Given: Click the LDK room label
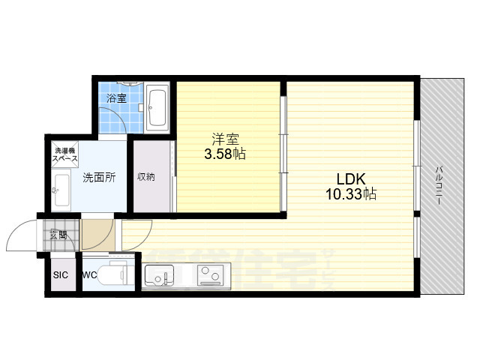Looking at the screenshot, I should click(x=349, y=179).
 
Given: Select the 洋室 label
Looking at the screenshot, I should click(x=224, y=139).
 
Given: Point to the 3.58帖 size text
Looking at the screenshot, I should click(x=225, y=154).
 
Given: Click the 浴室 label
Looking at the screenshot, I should click(x=115, y=98).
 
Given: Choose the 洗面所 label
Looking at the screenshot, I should click(x=99, y=178).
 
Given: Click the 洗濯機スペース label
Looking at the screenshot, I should click(x=64, y=157).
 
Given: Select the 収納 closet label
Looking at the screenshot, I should click(x=146, y=178).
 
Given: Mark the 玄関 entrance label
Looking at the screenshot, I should click(x=58, y=235).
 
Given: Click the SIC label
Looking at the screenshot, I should click(x=60, y=274).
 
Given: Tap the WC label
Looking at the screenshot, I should click(x=88, y=274).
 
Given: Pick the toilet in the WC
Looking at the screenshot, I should click(x=118, y=275).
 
